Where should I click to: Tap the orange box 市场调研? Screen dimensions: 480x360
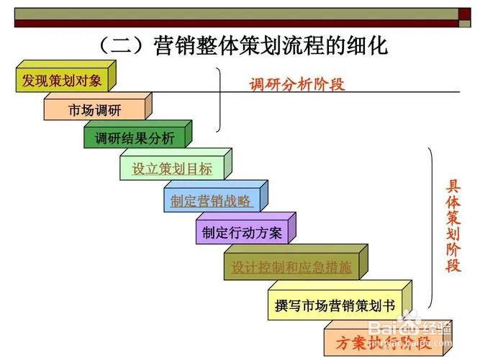(94, 110)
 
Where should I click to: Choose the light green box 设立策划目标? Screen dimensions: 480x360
(172, 169)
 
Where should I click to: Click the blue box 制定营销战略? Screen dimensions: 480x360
(211, 201)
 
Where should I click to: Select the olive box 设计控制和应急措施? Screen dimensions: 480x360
(291, 267)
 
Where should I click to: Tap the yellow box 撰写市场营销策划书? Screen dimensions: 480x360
(335, 305)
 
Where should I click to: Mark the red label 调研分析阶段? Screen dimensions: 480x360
(297, 84)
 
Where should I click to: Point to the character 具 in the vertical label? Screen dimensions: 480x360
(453, 185)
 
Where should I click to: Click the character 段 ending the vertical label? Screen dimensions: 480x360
(453, 265)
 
